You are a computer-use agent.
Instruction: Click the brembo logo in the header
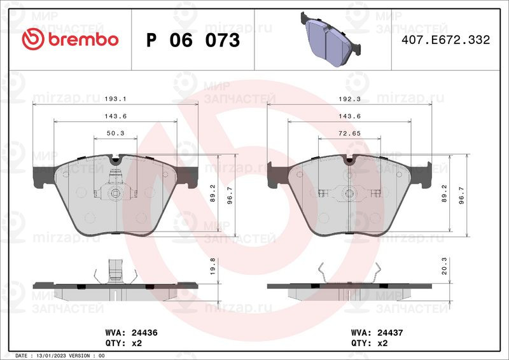point(70,39)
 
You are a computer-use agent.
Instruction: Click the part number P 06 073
point(193,40)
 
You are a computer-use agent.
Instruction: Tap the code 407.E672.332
point(446,39)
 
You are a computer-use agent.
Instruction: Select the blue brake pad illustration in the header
point(331,39)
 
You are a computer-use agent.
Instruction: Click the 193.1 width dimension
point(116,99)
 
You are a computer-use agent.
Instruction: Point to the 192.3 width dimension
point(349,99)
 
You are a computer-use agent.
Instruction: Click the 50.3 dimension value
point(116,133)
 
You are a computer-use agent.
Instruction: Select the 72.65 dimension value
point(349,133)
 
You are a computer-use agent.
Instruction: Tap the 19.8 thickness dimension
point(213,267)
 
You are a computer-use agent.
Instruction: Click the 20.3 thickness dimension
point(444,266)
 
